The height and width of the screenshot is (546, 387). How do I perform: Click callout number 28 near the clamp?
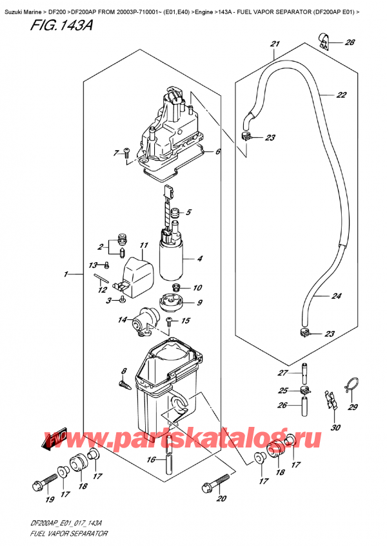[350, 43]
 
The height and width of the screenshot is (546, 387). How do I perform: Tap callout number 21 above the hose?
[275, 44]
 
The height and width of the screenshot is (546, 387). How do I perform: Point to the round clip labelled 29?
[350, 386]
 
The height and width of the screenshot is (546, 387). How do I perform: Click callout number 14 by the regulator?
[122, 320]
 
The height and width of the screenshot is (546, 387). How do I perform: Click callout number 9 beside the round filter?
[199, 303]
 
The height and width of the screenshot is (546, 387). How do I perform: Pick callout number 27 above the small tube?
[281, 373]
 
